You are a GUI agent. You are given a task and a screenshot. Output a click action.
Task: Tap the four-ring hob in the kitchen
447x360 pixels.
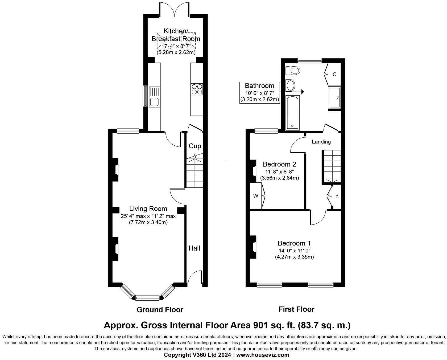[x=197, y=89]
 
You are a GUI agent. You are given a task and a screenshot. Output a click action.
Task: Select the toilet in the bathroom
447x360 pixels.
[x=293, y=71]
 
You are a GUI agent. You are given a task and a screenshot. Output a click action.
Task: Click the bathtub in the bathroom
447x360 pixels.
[x=292, y=113]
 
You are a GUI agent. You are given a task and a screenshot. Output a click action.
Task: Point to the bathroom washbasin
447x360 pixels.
[x=291, y=85]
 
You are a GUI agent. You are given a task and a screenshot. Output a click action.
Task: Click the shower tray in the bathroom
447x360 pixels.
[x=334, y=98]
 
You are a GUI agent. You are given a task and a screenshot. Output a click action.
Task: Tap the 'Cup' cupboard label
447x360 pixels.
[x=195, y=146]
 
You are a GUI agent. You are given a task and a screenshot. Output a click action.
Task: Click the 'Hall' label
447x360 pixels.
[x=194, y=248]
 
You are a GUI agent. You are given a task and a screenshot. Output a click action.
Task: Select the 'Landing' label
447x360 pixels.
[x=321, y=142]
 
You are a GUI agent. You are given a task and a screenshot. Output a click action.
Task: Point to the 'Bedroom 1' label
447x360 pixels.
[x=294, y=243]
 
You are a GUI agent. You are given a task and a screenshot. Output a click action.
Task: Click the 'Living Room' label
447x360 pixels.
[x=148, y=209]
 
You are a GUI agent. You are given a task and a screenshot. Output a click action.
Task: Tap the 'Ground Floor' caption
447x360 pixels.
[x=160, y=310]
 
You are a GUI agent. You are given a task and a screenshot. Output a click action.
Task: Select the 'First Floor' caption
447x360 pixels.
[x=296, y=309]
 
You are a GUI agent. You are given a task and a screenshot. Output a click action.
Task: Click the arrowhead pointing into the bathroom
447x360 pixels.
[x=302, y=92]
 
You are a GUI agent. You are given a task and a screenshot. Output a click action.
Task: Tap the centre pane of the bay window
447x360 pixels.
[x=148, y=298]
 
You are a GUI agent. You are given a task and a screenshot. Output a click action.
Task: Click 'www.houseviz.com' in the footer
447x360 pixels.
[x=263, y=355]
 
